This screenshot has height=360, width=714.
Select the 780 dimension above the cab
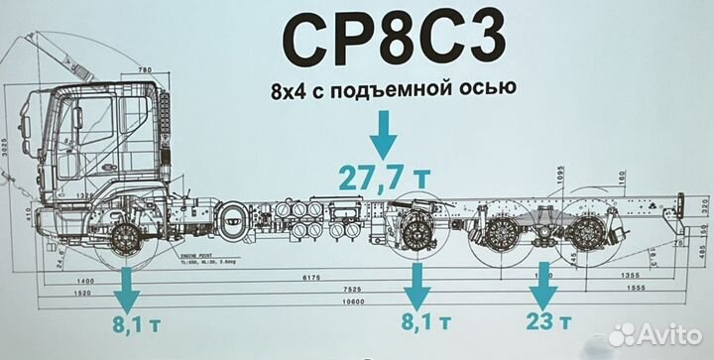pyautogui.click(x=145, y=70)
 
